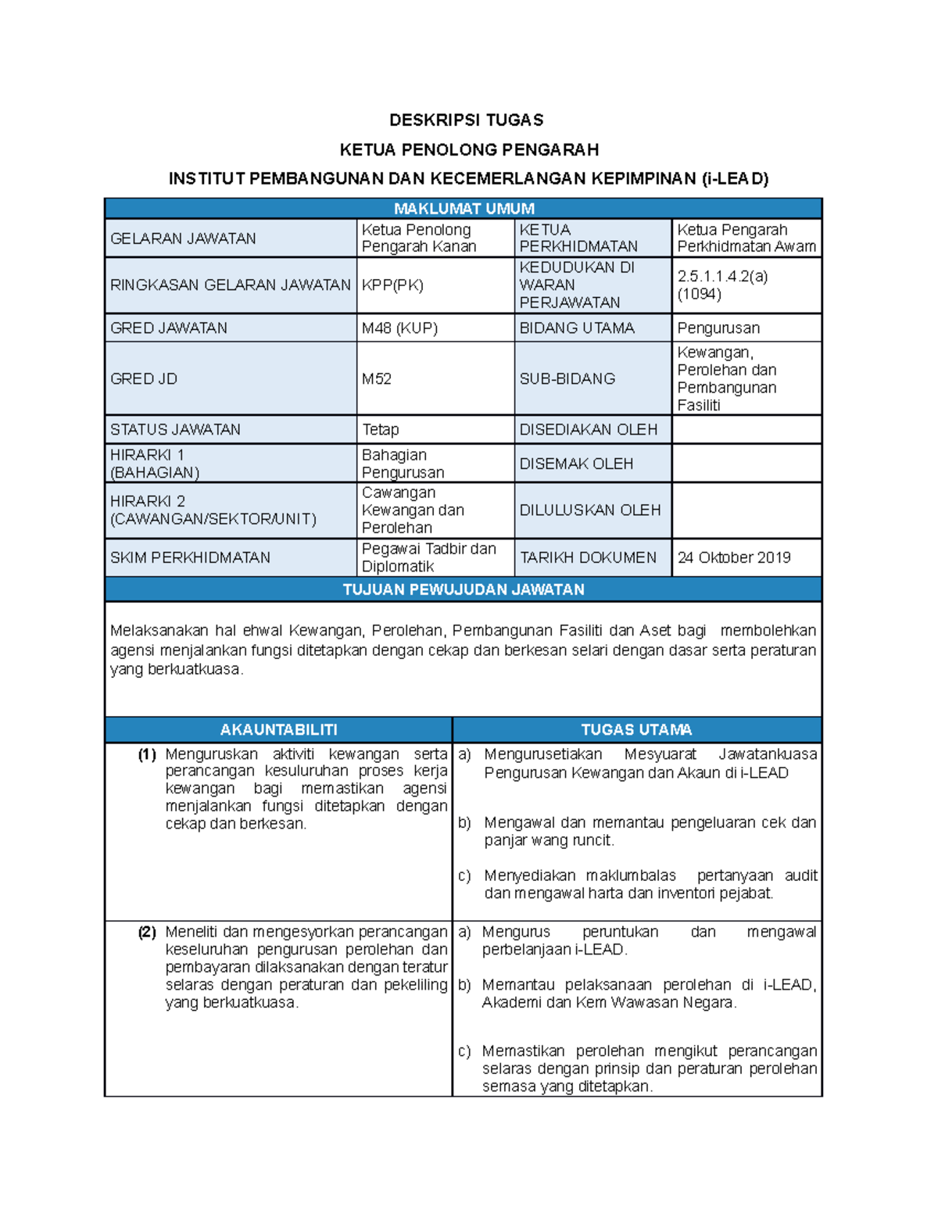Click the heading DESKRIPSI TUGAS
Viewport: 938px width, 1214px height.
(x=466, y=120)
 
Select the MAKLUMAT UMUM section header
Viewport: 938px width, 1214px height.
(x=464, y=208)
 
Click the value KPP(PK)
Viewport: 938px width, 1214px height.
(x=392, y=285)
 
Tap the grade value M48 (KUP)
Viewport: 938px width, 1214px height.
(x=399, y=328)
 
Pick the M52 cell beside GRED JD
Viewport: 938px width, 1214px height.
(x=376, y=378)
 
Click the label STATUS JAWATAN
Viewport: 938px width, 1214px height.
(x=175, y=429)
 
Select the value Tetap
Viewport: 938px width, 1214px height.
(x=380, y=429)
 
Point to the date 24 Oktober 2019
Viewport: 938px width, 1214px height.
(x=733, y=557)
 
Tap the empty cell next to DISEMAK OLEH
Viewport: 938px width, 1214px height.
(x=746, y=464)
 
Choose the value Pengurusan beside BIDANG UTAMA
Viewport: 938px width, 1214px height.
(x=718, y=328)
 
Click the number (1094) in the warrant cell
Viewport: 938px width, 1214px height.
(x=699, y=294)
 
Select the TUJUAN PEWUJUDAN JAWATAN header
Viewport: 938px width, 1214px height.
(x=464, y=589)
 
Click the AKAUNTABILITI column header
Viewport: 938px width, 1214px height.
(x=278, y=729)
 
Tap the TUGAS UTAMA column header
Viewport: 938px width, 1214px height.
(x=636, y=729)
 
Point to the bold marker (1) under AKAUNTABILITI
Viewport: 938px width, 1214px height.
(x=147, y=754)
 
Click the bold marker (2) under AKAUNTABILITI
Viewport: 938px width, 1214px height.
(x=147, y=932)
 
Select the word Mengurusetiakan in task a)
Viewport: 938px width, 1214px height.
(x=542, y=754)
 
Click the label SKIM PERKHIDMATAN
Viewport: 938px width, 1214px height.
(x=190, y=557)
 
